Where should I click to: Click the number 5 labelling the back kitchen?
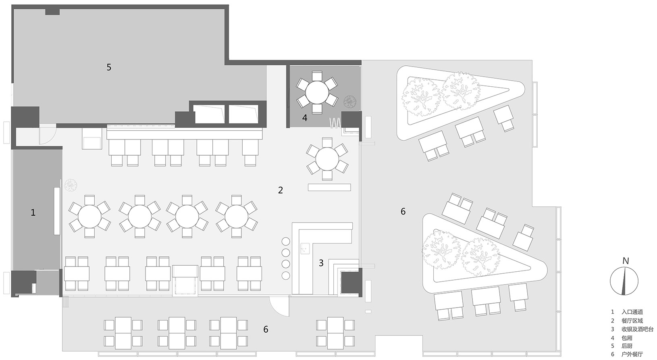click(x=109, y=67)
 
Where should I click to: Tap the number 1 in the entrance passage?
click(x=33, y=212)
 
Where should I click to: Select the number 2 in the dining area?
click(x=281, y=190)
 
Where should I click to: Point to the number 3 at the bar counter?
click(x=321, y=263)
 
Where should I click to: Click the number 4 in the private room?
click(x=305, y=118)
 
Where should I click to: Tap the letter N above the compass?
click(x=626, y=261)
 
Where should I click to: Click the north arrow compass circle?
click(x=624, y=281)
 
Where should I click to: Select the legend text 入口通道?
click(x=632, y=312)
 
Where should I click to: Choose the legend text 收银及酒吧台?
click(x=637, y=329)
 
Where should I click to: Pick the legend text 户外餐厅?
click(x=632, y=354)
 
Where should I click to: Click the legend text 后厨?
click(x=627, y=346)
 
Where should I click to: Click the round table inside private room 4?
click(x=317, y=92)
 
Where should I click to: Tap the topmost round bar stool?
click(x=286, y=241)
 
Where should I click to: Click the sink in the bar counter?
click(x=305, y=249)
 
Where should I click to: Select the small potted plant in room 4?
click(x=350, y=102)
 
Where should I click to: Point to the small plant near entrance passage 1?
click(x=71, y=185)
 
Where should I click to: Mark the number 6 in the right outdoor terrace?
click(x=403, y=211)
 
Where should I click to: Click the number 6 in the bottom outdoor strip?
click(x=266, y=329)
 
